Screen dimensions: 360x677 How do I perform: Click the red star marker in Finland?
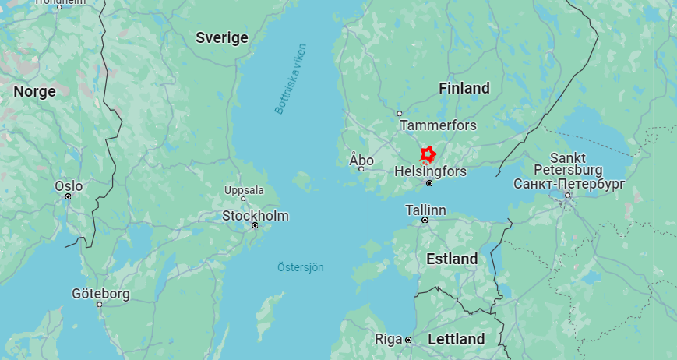[427, 153]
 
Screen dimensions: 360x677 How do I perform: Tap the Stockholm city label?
[256, 216]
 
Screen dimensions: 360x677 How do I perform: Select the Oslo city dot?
[68, 196]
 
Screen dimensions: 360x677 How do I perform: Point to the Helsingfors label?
[430, 171]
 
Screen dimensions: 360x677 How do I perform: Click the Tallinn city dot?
[425, 220]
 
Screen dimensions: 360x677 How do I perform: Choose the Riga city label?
[388, 339]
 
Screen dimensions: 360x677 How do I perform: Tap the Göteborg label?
[100, 294]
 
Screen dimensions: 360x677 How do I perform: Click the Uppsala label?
[244, 190]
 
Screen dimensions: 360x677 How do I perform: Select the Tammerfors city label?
[438, 125]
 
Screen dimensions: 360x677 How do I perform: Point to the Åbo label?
[361, 160]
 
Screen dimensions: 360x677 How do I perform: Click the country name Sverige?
[222, 37]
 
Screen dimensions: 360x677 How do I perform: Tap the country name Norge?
[34, 91]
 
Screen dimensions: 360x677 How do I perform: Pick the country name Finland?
[464, 88]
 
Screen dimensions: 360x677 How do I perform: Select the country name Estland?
[452, 259]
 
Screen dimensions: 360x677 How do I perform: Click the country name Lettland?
[456, 339]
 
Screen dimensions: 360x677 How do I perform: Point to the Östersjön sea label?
[301, 267]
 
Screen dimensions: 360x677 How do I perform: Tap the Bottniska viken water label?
[290, 79]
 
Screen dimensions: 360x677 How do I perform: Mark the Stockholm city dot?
[255, 226]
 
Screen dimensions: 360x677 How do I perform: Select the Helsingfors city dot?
[429, 183]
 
